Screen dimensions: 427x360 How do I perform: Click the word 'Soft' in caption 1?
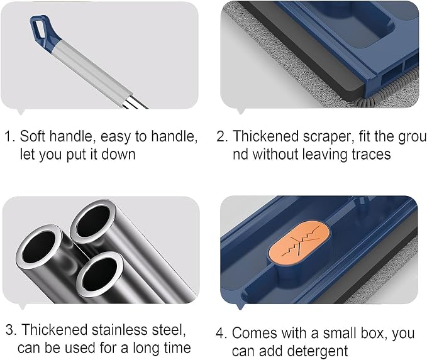pyautogui.click(x=32, y=136)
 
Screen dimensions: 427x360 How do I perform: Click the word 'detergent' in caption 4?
pyautogui.click(x=318, y=351)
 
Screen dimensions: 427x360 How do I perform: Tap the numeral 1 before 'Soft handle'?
pyautogui.click(x=9, y=136)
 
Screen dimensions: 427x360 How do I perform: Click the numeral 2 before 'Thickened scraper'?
pyautogui.click(x=222, y=136)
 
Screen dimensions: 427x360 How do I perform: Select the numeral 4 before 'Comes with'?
pyautogui.click(x=221, y=333)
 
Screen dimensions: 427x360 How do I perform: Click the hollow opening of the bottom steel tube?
pyautogui.click(x=99, y=275)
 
